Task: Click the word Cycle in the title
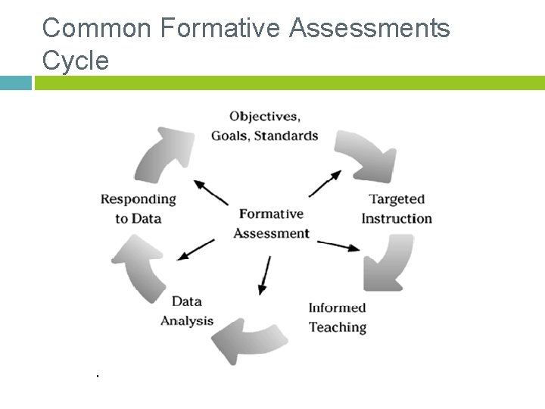tap(76, 60)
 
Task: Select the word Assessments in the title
tap(369, 29)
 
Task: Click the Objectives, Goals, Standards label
tap(264, 126)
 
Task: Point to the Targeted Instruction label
tap(397, 209)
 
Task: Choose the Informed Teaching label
tap(338, 317)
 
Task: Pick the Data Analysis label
tap(187, 311)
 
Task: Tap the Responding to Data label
tap(138, 209)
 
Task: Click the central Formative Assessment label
tap(271, 223)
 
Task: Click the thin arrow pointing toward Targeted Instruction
tap(325, 183)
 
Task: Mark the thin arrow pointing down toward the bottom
tap(265, 275)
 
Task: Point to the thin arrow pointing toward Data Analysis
tap(196, 249)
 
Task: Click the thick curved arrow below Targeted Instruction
tap(388, 262)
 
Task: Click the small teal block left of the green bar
tap(16, 83)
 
